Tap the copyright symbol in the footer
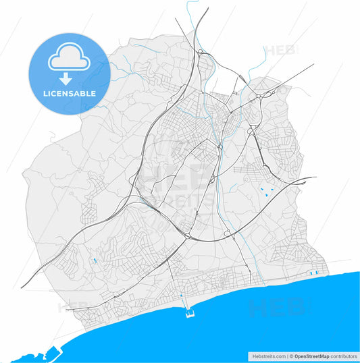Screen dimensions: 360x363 [x=291, y=356]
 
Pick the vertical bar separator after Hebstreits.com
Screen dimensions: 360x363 [x=287, y=356]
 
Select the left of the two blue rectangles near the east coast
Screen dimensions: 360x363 [x=309, y=273]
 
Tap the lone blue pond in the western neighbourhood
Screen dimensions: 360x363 [x=95, y=260]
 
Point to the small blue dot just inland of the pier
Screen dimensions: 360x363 [x=181, y=296]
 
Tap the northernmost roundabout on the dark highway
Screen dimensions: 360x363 [x=201, y=52]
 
